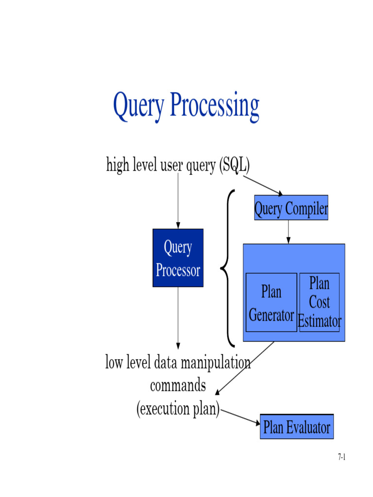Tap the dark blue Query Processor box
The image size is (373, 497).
(x=178, y=258)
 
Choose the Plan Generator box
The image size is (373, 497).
(x=271, y=302)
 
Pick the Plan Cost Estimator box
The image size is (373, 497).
(x=319, y=302)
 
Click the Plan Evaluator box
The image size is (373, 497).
(x=296, y=427)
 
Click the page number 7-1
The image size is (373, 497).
(x=341, y=457)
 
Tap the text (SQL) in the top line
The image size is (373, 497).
(x=234, y=166)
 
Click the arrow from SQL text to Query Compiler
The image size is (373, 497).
(x=262, y=185)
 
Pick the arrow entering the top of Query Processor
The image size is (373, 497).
(x=178, y=201)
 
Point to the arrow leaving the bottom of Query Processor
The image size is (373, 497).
(x=178, y=318)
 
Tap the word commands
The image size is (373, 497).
(x=178, y=386)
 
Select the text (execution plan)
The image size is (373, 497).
(x=178, y=409)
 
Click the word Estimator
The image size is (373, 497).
(x=319, y=321)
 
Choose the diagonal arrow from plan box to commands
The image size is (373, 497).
(x=245, y=368)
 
